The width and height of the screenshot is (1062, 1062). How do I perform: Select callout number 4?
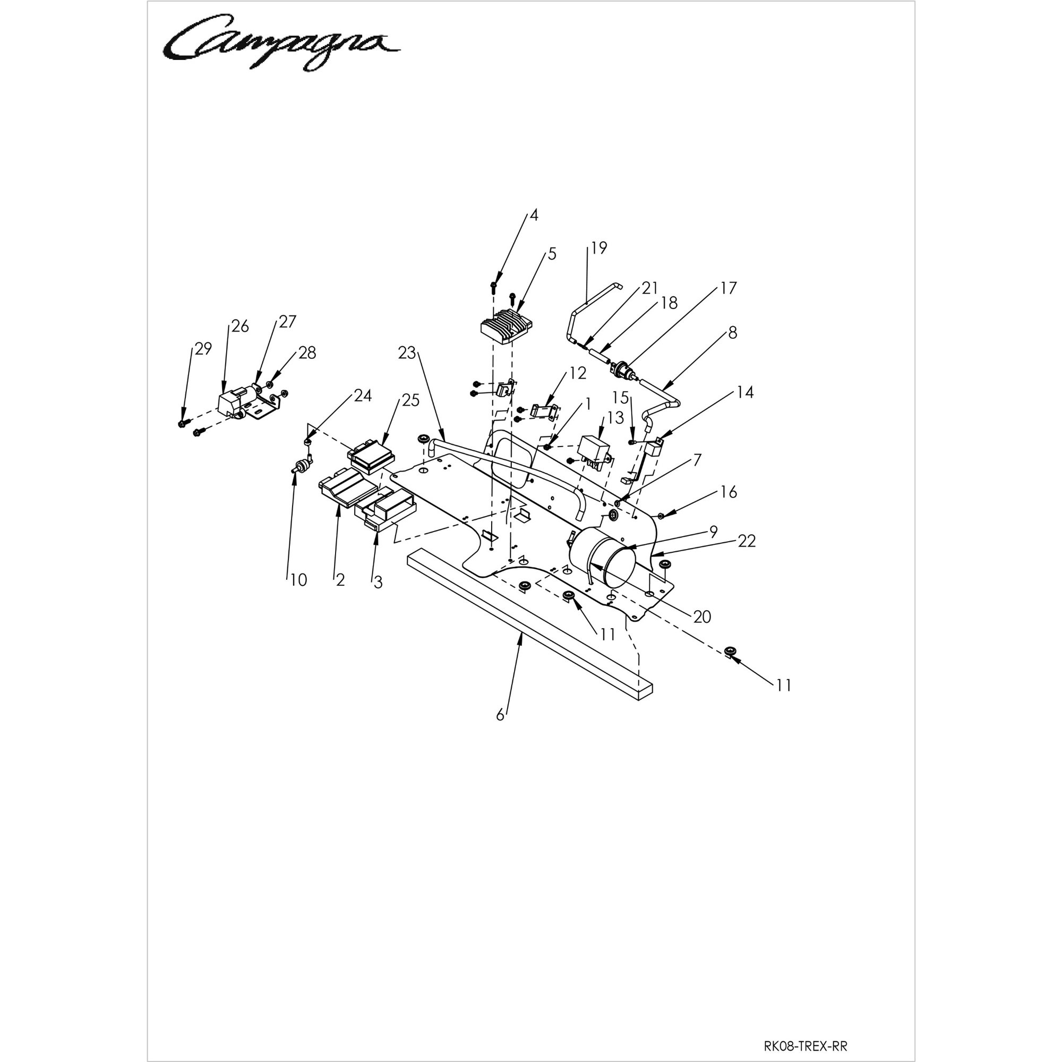click(x=534, y=215)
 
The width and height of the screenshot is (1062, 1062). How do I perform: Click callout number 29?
click(x=203, y=348)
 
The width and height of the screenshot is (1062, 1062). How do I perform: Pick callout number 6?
click(x=500, y=715)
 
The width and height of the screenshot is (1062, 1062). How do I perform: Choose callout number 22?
click(x=747, y=542)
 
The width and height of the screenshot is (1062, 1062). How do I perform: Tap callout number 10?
click(x=298, y=580)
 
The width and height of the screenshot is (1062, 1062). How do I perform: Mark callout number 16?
click(x=729, y=492)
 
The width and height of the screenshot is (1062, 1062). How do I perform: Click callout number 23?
click(x=407, y=353)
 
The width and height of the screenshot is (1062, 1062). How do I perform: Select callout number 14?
click(x=746, y=392)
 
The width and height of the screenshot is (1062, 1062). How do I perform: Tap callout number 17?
click(x=729, y=287)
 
